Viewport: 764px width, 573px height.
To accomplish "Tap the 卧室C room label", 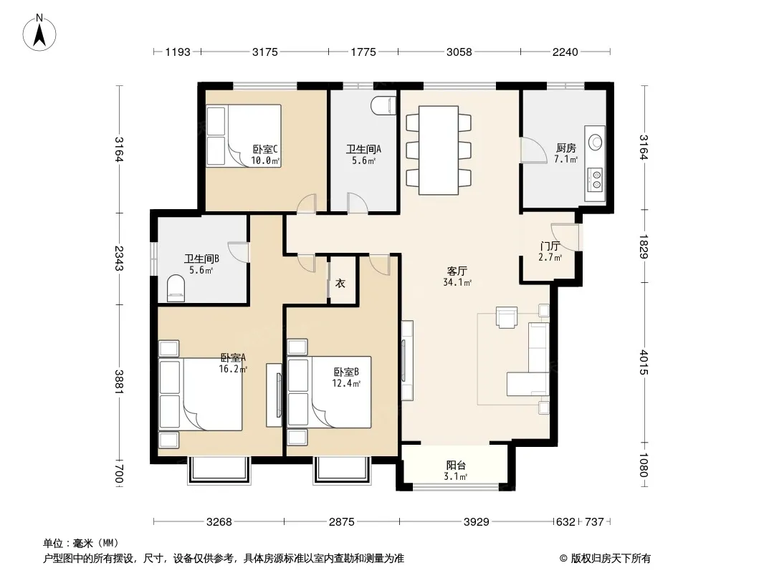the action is [265, 149].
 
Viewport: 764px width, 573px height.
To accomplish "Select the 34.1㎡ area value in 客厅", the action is [457, 282].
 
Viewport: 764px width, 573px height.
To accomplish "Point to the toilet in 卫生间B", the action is [176, 288].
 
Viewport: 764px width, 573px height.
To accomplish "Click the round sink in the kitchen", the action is [596, 142].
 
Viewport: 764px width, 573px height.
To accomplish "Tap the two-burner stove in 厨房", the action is [596, 178].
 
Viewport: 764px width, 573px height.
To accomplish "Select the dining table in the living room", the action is [439, 150].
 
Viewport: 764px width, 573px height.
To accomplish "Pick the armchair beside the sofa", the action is [506, 317].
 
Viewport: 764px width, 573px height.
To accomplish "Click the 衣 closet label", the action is [340, 283].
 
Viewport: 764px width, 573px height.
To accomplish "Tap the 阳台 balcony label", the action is [456, 466].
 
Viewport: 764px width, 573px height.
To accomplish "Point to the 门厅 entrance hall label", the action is [550, 246].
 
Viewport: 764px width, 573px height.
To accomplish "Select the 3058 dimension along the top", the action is [459, 52].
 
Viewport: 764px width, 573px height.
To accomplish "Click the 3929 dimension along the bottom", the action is [476, 522].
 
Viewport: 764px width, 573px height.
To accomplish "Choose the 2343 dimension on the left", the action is [119, 259].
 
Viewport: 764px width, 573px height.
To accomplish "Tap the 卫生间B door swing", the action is [239, 252].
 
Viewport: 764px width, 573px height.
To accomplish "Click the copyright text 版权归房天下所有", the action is [610, 559].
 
